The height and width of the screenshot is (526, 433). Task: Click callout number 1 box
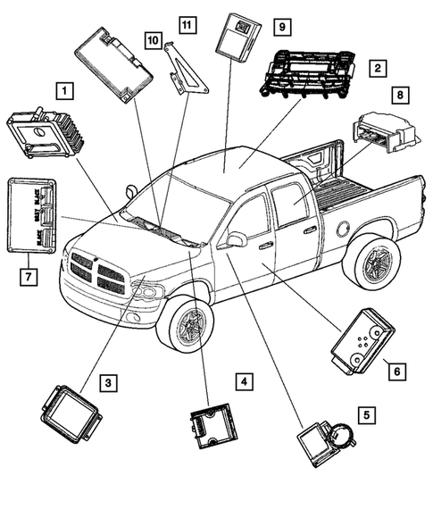pyautogui.click(x=63, y=90)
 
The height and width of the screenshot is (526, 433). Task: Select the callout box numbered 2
pyautogui.click(x=379, y=68)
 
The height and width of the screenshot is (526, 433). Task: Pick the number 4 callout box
pyautogui.click(x=242, y=381)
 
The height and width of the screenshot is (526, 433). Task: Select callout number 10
pyautogui.click(x=153, y=40)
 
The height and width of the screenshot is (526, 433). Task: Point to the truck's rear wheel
pyautogui.click(x=371, y=262)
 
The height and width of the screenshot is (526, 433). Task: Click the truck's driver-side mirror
pyautogui.click(x=237, y=239)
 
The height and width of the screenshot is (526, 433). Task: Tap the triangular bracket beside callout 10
pyautogui.click(x=185, y=72)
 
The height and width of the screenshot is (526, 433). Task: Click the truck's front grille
pyautogui.click(x=96, y=273)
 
